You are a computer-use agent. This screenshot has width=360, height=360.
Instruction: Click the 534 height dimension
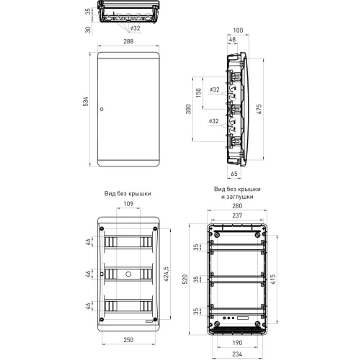86,102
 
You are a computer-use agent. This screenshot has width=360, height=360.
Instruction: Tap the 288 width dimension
129,41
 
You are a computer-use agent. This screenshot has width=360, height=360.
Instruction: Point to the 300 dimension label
188,109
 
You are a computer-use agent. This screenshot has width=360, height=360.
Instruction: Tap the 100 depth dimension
238,31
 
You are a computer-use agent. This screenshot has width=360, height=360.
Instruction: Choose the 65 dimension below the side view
234,174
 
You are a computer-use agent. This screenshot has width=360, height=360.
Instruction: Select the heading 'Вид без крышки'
128,193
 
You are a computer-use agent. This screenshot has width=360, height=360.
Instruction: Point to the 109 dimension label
129,203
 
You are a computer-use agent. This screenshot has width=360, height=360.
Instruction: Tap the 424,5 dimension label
166,275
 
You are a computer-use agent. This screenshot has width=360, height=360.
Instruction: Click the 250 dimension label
129,339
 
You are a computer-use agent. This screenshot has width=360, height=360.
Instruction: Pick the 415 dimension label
273,279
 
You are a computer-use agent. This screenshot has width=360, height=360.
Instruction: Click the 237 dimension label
237,215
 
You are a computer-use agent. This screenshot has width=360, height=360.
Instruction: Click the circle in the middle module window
128,274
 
